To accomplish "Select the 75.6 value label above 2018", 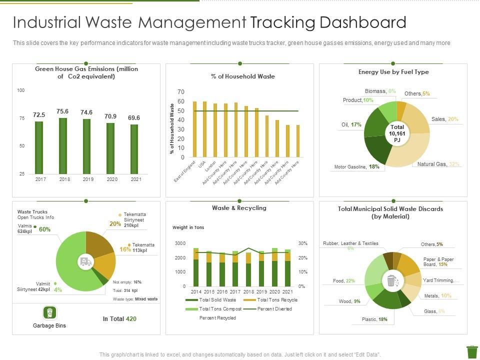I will tap(62, 111).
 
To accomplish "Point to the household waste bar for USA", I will tap(204, 129).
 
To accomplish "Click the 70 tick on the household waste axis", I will tap(181, 92).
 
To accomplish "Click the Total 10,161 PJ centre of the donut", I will tap(397, 133).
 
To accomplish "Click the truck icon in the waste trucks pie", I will tap(85, 261).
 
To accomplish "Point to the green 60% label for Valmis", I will tap(44, 229).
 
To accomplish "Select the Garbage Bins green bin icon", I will tap(49, 313).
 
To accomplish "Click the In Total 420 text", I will tap(119, 318).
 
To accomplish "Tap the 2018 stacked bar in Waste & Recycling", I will tap(248, 269).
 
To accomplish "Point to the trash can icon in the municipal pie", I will tap(391, 280).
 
